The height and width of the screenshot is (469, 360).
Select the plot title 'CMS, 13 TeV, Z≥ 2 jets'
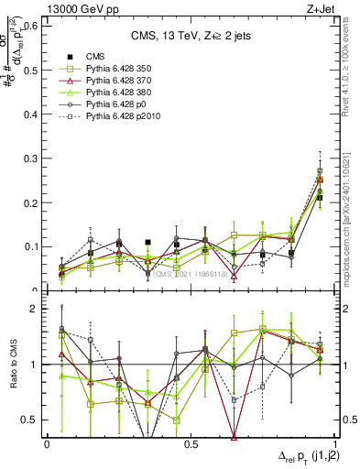pos(190,36)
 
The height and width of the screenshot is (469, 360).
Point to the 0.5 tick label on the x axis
pos(191,444)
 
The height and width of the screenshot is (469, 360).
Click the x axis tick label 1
pos(335,444)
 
